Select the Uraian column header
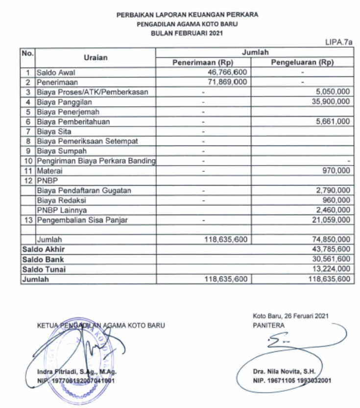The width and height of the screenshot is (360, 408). pos(96,57)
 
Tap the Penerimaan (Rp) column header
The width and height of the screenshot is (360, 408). pos(203,63)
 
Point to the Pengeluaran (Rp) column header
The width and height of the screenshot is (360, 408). pos(302,63)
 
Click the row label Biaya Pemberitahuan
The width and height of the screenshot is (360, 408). pos(73,121)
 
